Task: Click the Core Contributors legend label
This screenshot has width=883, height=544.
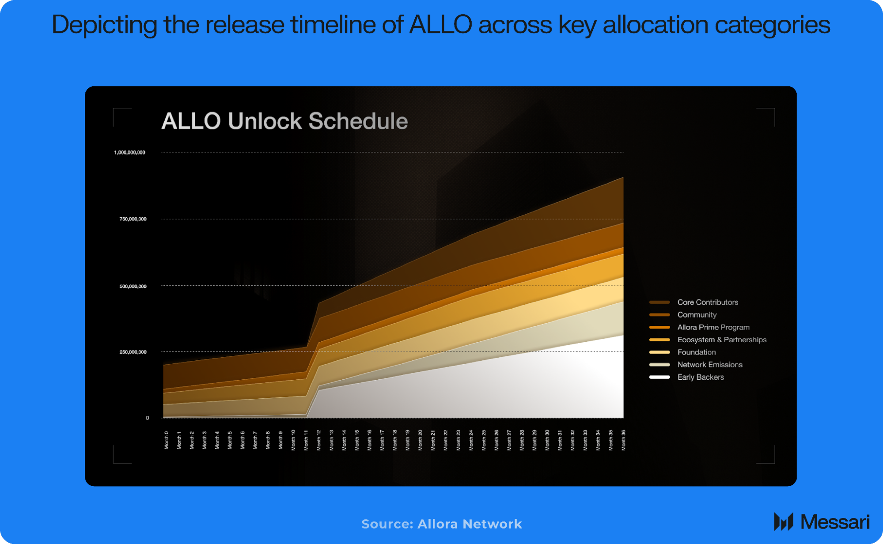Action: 708,302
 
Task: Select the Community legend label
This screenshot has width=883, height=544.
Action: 697,315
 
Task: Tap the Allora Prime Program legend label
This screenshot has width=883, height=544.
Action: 713,327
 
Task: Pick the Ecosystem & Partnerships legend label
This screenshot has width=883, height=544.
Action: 721,340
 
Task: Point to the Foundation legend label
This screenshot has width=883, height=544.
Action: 696,352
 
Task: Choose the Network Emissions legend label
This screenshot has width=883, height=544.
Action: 709,365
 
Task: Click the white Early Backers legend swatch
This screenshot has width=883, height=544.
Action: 659,377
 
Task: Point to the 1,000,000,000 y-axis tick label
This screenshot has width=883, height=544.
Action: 129,152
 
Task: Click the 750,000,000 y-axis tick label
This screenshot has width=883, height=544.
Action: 133,219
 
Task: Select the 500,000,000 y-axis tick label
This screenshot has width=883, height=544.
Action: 133,286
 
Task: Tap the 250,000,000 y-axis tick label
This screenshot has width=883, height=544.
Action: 133,352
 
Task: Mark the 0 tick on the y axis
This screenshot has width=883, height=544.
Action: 147,418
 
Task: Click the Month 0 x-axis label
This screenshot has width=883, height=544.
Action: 167,440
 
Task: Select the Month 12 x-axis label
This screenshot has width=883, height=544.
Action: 318,440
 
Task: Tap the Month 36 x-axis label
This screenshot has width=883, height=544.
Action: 623,440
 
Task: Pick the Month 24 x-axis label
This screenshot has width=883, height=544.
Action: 471,440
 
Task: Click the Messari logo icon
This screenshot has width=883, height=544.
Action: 783,521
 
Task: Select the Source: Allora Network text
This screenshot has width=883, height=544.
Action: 441,524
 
